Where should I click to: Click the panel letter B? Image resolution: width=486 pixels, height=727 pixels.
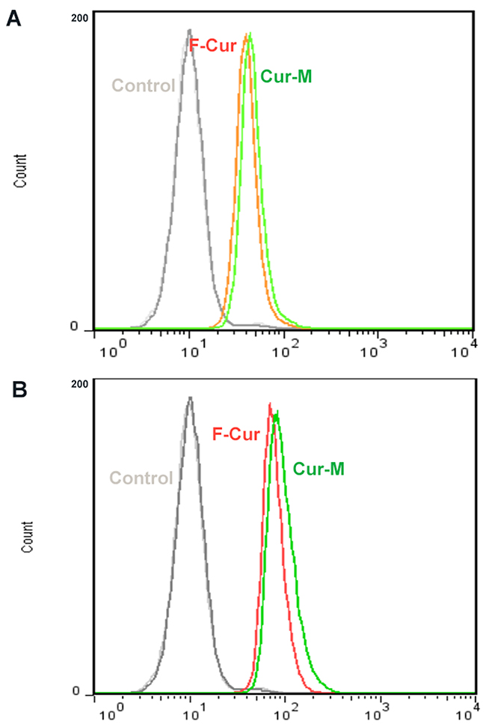19,389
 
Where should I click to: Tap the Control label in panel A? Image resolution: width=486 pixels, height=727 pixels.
144,85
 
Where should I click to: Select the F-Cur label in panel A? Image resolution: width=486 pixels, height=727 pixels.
213,45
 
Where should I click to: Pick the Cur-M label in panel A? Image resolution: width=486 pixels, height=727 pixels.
286,76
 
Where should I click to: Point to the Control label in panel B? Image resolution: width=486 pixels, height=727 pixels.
141,478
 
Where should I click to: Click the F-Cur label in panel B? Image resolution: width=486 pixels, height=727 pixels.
236,434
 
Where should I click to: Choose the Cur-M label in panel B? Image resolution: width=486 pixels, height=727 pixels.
319,469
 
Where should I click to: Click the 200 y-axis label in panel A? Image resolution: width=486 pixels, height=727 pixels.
79,18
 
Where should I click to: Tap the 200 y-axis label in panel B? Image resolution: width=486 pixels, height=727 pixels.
79,384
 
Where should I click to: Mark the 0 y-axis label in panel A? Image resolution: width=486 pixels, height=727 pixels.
74,326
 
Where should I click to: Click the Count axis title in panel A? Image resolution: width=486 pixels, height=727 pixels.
20,171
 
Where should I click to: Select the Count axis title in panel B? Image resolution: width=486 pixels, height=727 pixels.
28,537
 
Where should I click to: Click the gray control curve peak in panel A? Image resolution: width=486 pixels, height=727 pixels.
189,30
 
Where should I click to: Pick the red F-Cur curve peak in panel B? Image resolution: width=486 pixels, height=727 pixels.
270,404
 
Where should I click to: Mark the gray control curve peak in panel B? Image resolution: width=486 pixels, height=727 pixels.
190,398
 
